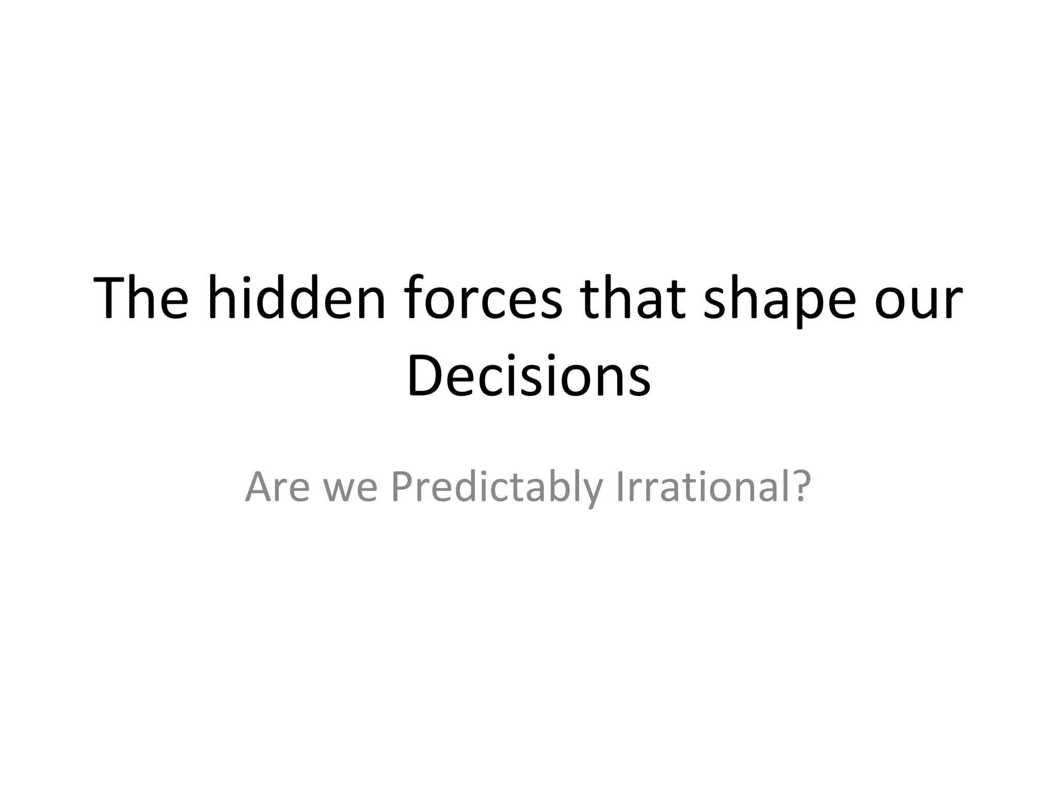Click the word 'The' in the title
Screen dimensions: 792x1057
point(141,299)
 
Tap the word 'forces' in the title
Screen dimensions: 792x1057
point(483,299)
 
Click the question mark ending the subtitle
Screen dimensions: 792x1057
point(799,486)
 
